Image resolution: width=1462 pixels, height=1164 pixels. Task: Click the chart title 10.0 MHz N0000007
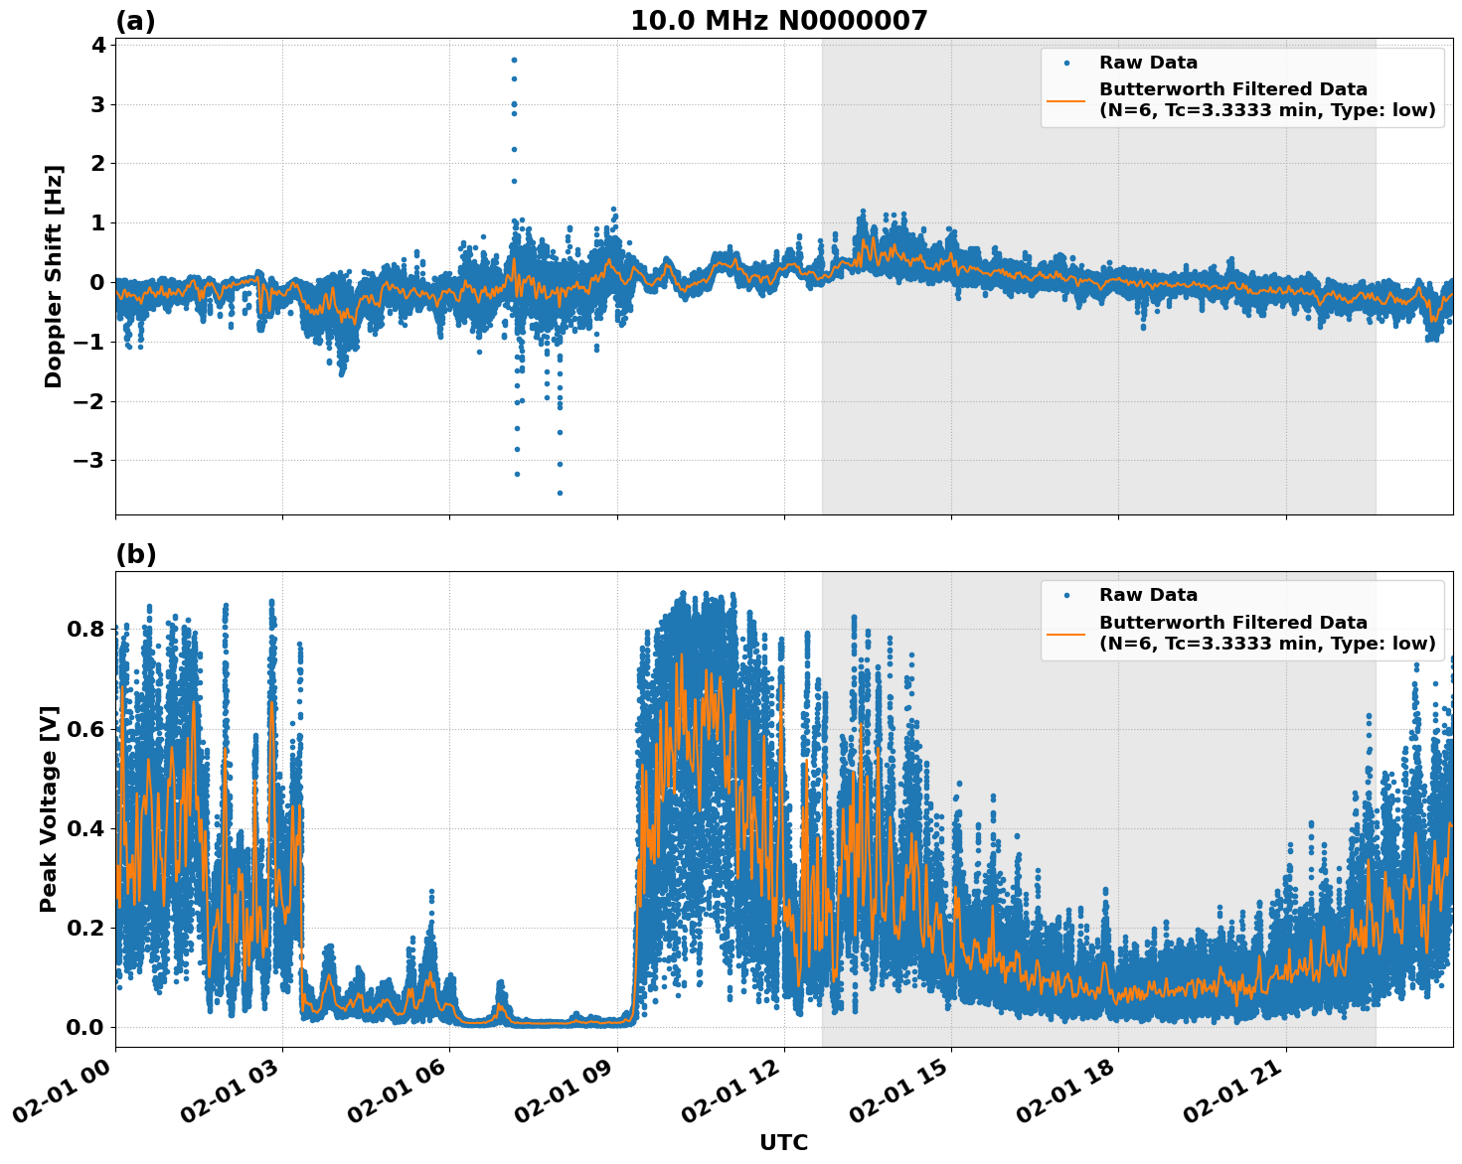(778, 21)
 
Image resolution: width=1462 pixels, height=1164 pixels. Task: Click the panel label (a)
(135, 21)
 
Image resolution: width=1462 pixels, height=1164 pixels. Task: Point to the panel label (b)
(135, 554)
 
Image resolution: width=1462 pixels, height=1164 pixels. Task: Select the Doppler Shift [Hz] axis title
(54, 276)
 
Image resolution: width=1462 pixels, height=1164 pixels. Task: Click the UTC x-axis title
(783, 1142)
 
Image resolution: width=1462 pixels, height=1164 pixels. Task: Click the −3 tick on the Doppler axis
(87, 461)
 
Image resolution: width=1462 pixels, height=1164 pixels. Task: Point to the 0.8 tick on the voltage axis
(85, 629)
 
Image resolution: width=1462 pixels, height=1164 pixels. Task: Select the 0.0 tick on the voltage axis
(85, 1027)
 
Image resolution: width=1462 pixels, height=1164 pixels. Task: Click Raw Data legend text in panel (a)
(1148, 63)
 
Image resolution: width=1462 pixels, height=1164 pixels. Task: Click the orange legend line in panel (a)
(1065, 100)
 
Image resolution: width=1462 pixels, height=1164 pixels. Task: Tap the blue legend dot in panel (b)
(1066, 596)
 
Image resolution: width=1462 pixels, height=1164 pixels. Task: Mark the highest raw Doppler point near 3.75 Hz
(514, 60)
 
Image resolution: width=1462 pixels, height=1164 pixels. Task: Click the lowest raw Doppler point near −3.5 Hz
(560, 493)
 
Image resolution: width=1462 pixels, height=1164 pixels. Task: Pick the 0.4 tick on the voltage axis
(85, 828)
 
